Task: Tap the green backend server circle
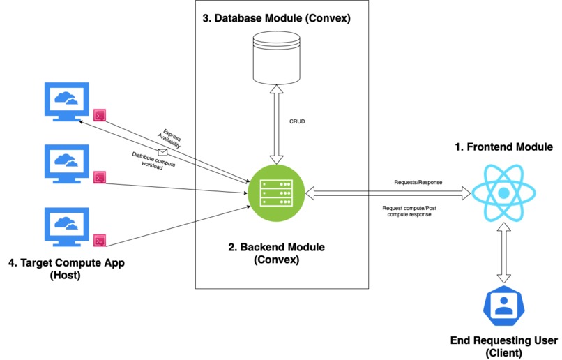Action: pos(277,188)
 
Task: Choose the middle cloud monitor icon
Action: pos(65,162)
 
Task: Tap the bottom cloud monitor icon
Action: pos(65,223)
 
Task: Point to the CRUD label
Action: pos(297,121)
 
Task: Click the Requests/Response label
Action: pos(418,182)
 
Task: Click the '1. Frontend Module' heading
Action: pos(503,147)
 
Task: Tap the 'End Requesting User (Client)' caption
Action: pos(504,347)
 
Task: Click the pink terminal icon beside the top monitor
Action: pos(100,116)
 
